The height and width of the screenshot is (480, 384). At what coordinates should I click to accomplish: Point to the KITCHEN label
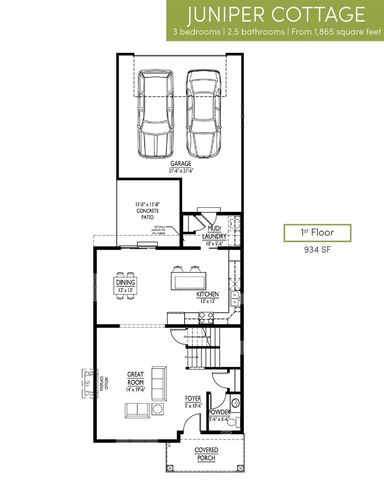(207, 296)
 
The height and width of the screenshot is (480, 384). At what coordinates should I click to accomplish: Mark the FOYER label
(194, 401)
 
